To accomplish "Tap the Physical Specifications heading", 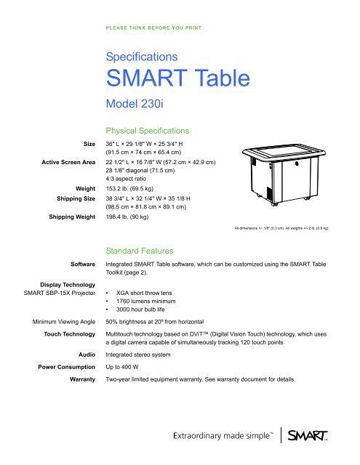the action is (148, 131).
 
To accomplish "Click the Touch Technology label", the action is (67, 347).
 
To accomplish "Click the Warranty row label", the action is (79, 401).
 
